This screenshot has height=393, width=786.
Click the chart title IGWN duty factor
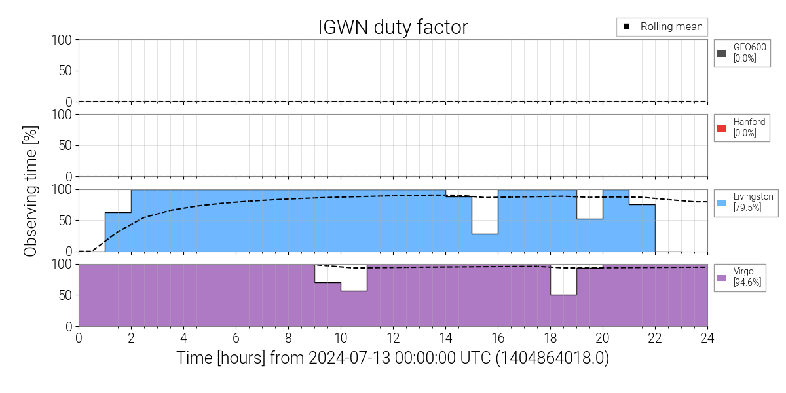(x=393, y=27)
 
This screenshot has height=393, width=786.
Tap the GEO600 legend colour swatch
(x=722, y=53)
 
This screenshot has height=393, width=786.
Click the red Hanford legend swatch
(x=722, y=128)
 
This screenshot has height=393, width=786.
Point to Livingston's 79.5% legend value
(x=747, y=208)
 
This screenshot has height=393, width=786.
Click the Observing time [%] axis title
(x=30, y=183)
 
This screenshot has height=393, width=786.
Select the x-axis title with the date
(x=393, y=358)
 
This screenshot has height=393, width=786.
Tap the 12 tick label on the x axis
(x=393, y=338)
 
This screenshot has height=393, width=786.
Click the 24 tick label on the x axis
(x=707, y=338)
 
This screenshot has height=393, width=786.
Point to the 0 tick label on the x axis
(x=79, y=338)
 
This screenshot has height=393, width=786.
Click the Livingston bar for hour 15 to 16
(x=485, y=242)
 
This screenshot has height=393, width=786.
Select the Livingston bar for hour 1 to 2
(x=118, y=232)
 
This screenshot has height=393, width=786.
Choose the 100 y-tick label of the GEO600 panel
(x=62, y=40)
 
